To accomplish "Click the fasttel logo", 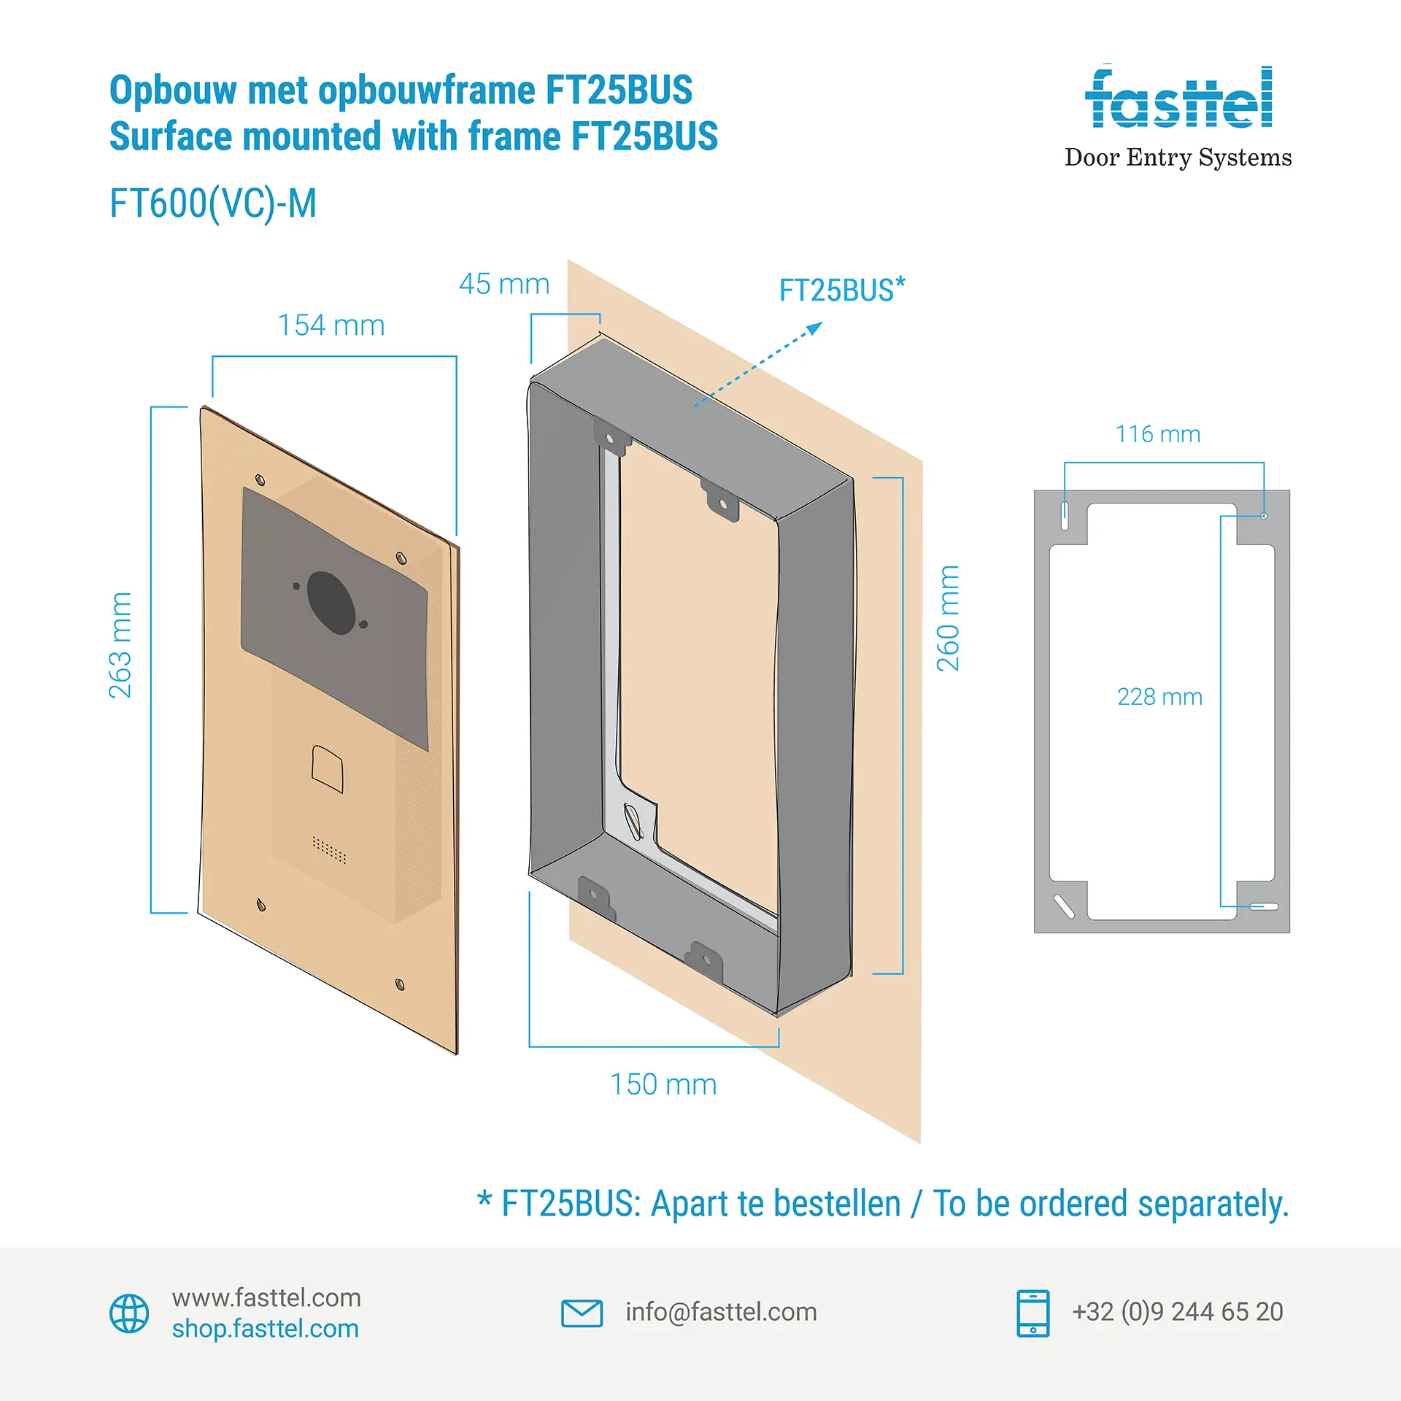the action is coord(1178,99).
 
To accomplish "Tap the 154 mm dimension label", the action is coord(331,325).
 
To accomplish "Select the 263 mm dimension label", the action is coord(120,645).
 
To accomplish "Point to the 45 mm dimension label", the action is coord(504,284).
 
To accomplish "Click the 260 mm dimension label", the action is coord(948,618).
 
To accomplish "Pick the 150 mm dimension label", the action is coord(663,1084).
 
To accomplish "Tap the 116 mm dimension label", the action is coord(1158,434).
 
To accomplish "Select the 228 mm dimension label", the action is coord(1159,697).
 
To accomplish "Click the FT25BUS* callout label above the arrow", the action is coord(842,290).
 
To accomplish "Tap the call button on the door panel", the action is coord(328,768).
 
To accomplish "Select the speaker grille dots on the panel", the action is coord(329,849).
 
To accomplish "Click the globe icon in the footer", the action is coord(129,1313).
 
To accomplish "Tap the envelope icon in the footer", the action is coord(582,1313).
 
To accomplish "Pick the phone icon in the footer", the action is coord(1033,1313).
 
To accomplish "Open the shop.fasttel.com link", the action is coord(266,1329).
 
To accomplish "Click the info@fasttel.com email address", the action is coord(721,1312).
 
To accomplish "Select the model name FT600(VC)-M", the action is coord(213,204).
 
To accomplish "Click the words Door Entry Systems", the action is coord(1178,158).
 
